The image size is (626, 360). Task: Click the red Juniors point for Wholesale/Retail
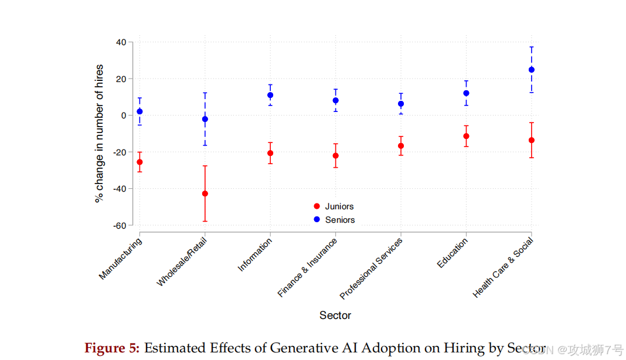click(x=205, y=193)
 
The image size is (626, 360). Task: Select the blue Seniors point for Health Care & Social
click(x=532, y=70)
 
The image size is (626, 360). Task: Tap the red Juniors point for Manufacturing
click(x=140, y=162)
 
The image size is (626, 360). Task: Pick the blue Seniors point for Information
click(x=270, y=95)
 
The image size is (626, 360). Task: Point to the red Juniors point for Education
click(x=466, y=136)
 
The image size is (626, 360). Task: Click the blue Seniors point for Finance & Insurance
click(x=336, y=100)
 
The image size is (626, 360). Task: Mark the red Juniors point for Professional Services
click(x=401, y=146)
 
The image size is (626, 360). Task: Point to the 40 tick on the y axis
click(x=121, y=42)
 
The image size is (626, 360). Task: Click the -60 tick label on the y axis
click(x=120, y=225)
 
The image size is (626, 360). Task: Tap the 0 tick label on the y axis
click(x=124, y=116)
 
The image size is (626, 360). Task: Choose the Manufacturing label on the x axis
click(x=120, y=259)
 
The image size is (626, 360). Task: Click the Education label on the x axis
click(x=453, y=253)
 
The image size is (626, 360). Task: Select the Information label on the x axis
click(x=255, y=256)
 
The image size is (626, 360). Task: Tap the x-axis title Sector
click(x=335, y=315)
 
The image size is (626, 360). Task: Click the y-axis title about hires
click(x=100, y=134)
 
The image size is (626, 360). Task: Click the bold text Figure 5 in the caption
click(x=112, y=348)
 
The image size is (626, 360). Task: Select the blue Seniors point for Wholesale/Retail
click(x=205, y=119)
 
